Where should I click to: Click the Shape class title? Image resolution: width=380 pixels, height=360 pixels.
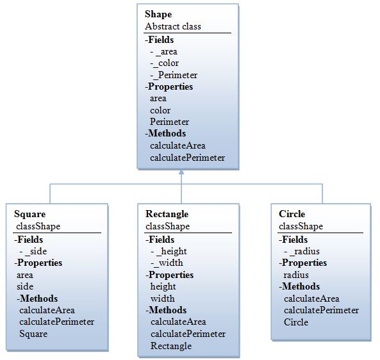[158, 14]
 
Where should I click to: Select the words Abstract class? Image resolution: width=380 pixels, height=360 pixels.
[173, 26]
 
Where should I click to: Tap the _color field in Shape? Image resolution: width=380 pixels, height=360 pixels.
[164, 63]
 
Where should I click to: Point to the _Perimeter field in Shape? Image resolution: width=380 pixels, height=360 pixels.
[174, 75]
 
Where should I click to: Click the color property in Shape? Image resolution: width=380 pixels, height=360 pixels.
[160, 110]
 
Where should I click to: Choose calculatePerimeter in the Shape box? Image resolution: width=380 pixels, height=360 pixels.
[187, 158]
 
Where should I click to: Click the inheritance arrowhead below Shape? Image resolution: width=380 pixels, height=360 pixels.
[181, 172]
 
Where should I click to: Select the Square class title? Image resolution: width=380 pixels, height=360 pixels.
[30, 214]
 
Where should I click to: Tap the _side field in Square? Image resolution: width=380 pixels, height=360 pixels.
[33, 251]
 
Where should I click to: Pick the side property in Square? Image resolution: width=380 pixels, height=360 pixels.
[25, 286]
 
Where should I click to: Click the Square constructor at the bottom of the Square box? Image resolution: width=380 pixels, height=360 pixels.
[33, 334]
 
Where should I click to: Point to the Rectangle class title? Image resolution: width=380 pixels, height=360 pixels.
[167, 214]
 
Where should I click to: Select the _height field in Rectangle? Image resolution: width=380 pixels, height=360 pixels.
[169, 251]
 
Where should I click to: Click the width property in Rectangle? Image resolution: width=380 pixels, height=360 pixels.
[162, 299]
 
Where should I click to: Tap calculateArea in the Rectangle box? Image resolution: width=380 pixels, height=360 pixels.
[178, 322]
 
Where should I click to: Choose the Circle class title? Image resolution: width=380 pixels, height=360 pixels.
[292, 214]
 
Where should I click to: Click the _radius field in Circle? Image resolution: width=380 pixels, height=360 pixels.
[302, 251]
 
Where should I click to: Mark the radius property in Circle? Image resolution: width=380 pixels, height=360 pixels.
[296, 275]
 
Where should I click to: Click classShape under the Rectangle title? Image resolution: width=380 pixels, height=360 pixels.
[167, 226]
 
